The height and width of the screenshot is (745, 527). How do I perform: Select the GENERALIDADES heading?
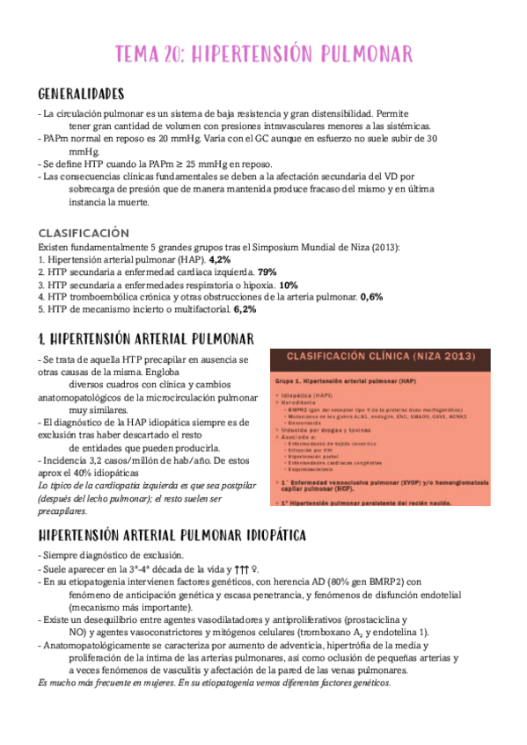coord(82,94)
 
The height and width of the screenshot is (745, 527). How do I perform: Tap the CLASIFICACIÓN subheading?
coord(84,234)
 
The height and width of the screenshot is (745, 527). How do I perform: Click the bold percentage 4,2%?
coord(219,260)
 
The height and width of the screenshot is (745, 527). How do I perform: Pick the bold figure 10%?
coord(289,285)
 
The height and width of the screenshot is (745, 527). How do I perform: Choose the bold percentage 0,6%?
coord(371,297)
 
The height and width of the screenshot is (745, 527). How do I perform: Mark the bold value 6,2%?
coord(245,309)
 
